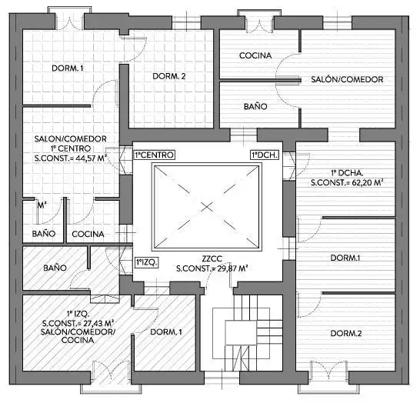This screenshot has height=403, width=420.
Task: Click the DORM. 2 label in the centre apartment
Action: [x=166, y=75]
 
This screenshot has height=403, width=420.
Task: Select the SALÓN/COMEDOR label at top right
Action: [x=347, y=80]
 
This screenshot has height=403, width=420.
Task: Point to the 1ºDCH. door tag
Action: [x=264, y=155]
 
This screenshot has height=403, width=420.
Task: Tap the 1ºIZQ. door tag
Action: [x=147, y=262]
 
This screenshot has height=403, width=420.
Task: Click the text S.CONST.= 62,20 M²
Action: [x=347, y=184]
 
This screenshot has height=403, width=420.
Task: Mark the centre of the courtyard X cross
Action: [x=207, y=205]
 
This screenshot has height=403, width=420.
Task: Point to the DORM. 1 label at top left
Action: [x=67, y=68]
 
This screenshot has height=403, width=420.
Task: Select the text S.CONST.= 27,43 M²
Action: [x=78, y=322]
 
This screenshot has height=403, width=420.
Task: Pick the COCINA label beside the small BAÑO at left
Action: [x=88, y=234]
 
